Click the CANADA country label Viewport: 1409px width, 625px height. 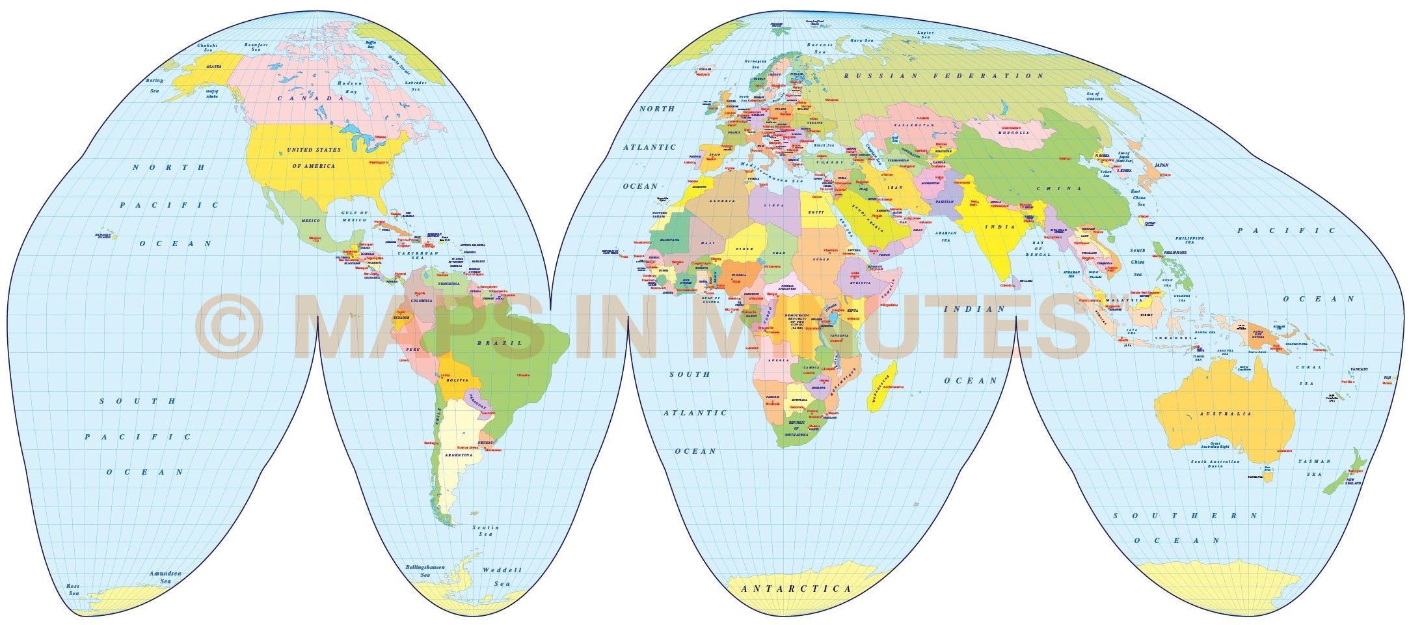pos(310,98)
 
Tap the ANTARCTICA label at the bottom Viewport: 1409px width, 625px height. pos(796,589)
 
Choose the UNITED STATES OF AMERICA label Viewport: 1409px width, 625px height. pos(314,158)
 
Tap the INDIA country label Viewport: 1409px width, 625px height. pos(999,227)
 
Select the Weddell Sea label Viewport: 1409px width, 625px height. pos(502,577)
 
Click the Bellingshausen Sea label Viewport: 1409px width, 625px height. pos(425,571)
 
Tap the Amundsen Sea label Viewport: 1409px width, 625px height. pos(165,577)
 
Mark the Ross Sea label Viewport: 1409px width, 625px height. pos(74,590)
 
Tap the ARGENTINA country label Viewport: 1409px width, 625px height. pos(459,456)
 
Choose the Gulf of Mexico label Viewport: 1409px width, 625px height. pos(355,216)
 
